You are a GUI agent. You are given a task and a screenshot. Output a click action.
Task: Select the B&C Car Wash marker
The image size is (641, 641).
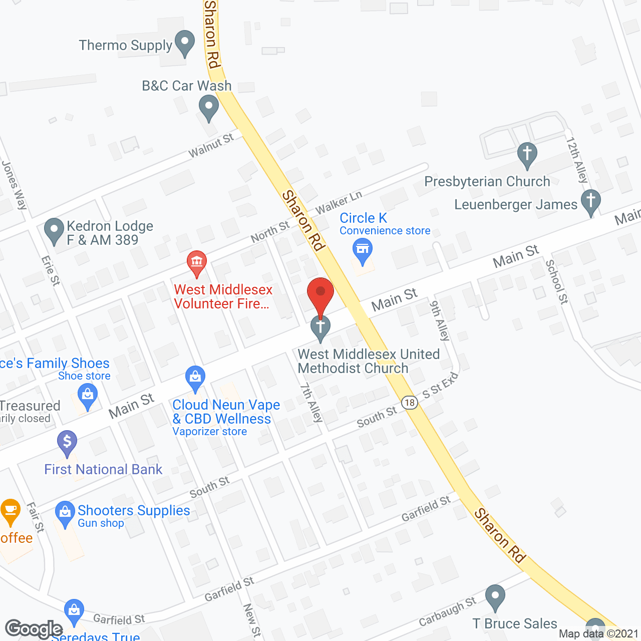(208, 107)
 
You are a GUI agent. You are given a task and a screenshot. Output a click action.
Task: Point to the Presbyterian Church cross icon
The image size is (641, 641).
(527, 153)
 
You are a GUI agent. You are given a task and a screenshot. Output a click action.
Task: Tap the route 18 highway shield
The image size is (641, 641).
(410, 402)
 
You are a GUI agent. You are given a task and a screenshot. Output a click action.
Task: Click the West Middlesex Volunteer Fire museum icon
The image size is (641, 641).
(197, 262)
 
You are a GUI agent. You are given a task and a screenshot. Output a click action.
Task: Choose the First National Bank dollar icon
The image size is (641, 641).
(67, 443)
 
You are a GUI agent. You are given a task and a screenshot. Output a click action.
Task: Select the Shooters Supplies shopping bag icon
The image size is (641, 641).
(65, 513)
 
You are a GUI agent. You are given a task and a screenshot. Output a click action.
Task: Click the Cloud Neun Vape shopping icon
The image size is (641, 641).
(195, 378)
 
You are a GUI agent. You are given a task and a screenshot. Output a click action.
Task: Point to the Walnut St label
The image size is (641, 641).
(211, 146)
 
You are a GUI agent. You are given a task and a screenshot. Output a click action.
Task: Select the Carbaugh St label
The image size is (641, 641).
(447, 611)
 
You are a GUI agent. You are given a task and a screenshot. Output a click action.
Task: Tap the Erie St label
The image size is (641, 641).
(51, 271)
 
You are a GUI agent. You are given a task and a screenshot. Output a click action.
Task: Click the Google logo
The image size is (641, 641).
(34, 629)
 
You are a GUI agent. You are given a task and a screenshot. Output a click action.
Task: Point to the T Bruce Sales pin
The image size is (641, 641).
(495, 597)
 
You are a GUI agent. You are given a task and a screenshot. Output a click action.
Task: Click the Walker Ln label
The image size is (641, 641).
(339, 202)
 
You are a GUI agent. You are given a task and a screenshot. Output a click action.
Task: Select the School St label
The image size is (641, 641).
(557, 281)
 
